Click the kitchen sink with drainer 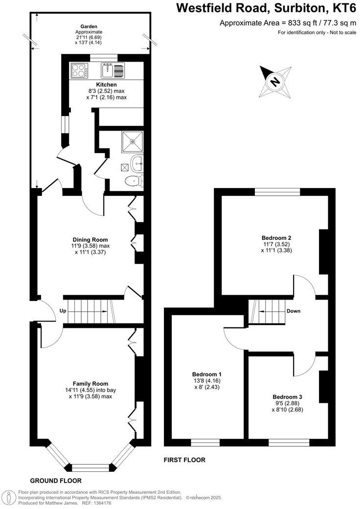[x=113, y=70]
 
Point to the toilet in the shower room [x=133, y=181]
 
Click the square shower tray [x=133, y=140]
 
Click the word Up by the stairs [x=63, y=311]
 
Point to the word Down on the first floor [x=293, y=311]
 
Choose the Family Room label [x=90, y=383]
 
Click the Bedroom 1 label [x=207, y=374]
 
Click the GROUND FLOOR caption [x=56, y=481]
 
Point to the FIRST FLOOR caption [x=184, y=460]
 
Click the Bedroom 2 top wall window [x=277, y=192]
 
